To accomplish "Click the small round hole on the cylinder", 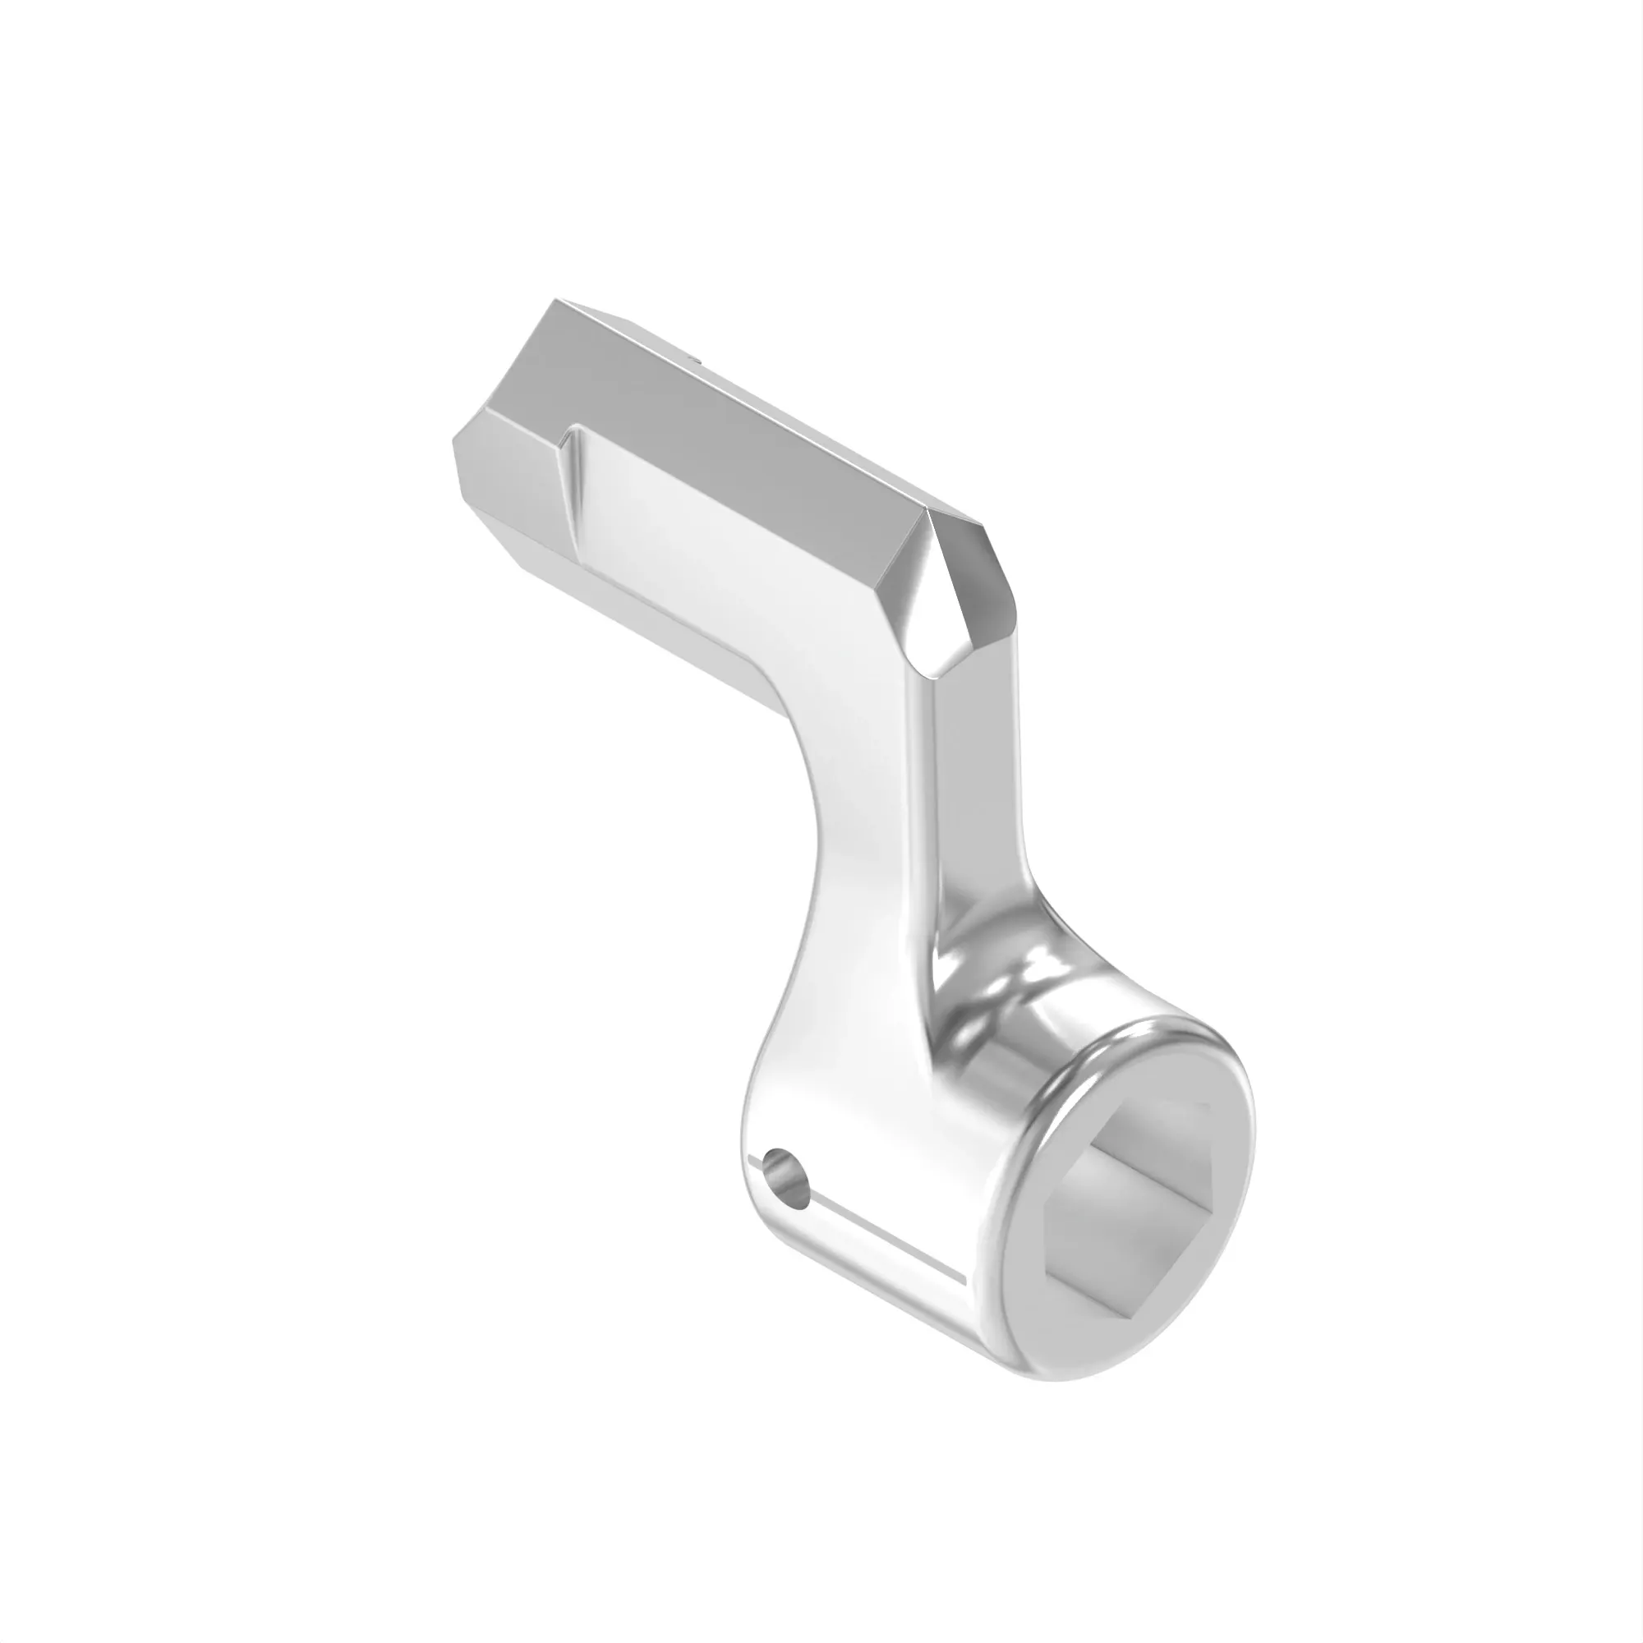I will point(787,1177).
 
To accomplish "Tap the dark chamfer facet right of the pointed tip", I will point(978,596).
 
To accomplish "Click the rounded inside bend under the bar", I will point(791,706).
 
